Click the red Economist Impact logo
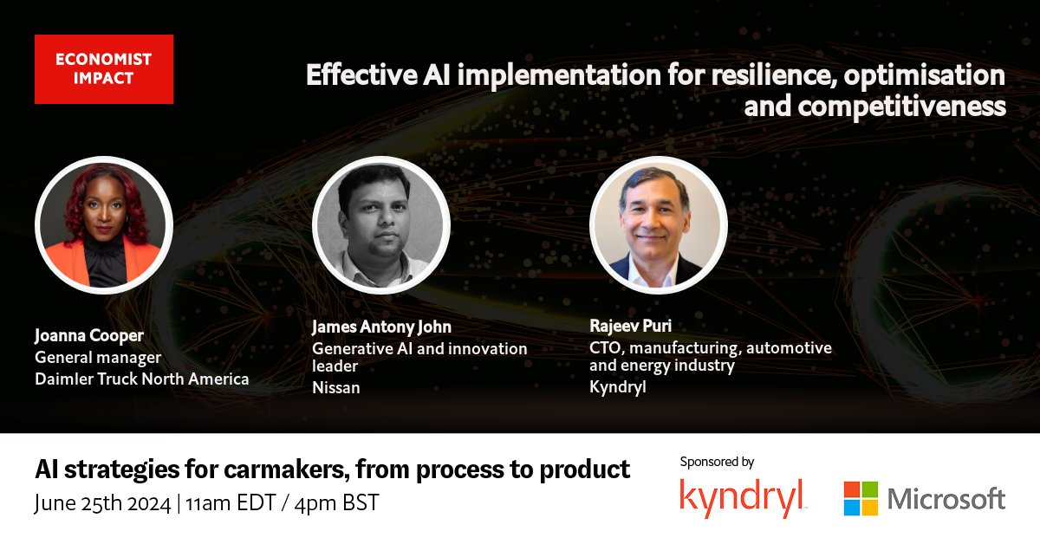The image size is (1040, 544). click(x=103, y=69)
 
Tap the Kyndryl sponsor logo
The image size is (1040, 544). click(x=743, y=497)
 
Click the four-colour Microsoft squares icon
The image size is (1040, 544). click(x=861, y=498)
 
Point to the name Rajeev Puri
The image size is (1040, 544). click(x=630, y=327)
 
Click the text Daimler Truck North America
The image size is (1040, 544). click(x=141, y=379)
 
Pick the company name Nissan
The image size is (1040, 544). click(x=335, y=387)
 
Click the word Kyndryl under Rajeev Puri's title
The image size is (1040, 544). click(x=617, y=387)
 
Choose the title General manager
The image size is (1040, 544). click(x=98, y=357)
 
